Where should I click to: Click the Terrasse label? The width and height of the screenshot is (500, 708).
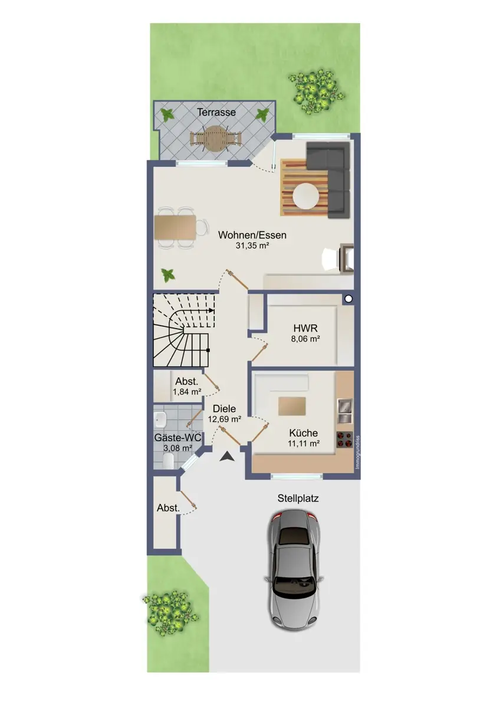216,112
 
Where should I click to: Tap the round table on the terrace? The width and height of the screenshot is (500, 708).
215,138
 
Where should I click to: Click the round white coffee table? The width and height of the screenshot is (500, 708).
305,196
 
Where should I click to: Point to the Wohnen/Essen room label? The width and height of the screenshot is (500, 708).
252,235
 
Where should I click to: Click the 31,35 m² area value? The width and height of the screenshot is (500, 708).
252,245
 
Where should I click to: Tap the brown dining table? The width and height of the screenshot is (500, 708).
175,227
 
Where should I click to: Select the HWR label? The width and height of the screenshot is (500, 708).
305,329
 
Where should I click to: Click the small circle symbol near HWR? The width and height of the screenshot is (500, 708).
348,299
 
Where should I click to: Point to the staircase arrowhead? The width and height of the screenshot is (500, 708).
211,310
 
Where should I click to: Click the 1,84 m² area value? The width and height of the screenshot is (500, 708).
187,392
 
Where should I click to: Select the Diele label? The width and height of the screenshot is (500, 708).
224,409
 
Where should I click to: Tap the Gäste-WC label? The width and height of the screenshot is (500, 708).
178,438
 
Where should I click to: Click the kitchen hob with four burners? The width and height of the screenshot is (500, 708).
344,440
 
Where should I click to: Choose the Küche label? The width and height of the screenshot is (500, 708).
304,433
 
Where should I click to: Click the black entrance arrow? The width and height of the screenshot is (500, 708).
227,457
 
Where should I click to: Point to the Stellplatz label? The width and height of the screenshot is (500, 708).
298,499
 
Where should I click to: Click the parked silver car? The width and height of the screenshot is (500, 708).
294,568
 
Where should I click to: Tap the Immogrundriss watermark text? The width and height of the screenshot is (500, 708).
357,453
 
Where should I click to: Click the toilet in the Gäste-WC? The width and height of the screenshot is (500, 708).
167,461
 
